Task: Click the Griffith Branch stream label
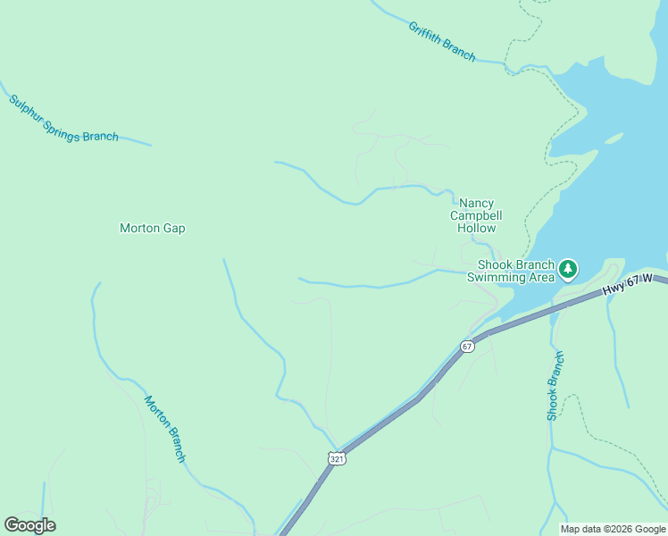pos(442,41)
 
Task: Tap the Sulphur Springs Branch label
pos(63,119)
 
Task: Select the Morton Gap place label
pos(153,229)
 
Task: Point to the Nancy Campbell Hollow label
pos(476,216)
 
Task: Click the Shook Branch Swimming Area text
pos(516,271)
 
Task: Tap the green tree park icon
pos(567,268)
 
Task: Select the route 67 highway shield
pos(467,346)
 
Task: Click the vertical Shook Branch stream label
pos(555,386)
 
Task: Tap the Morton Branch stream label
pos(165,429)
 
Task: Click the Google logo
pos(29,525)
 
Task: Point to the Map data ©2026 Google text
pos(613,529)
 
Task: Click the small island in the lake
pos(614,138)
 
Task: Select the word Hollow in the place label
pos(476,229)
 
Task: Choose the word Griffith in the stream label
pos(426,34)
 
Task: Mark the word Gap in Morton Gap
pos(173,229)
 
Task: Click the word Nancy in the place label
pos(476,204)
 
